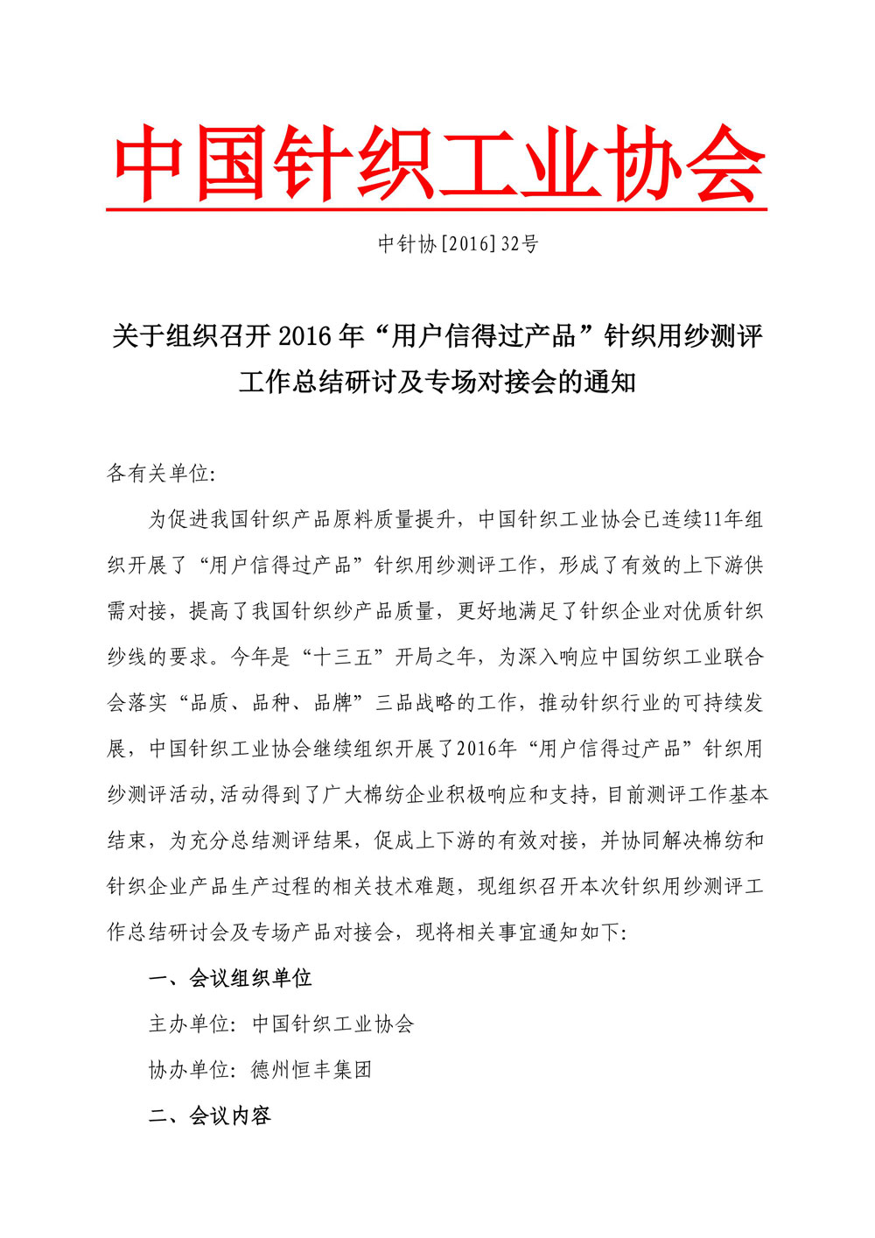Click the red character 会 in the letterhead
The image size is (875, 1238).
click(725, 164)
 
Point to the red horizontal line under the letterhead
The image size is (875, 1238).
click(437, 210)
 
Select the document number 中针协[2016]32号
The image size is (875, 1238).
click(458, 244)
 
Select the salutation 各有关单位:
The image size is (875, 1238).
click(160, 474)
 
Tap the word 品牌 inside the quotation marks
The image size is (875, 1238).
click(333, 702)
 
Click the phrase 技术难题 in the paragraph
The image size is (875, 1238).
click(416, 886)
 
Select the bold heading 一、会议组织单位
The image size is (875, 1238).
click(230, 978)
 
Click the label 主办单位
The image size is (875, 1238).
click(189, 1023)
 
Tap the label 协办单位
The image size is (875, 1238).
click(189, 1069)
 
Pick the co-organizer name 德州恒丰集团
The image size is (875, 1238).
click(311, 1069)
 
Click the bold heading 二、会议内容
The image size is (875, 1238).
click(210, 1115)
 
